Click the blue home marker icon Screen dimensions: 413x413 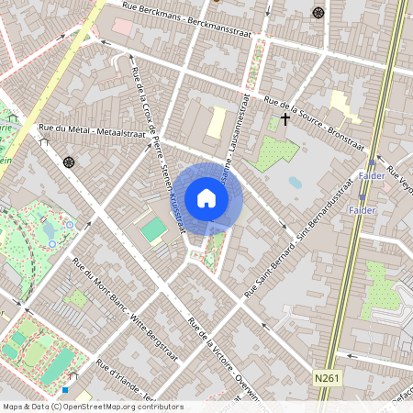coord(206,198)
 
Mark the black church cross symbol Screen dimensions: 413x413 coord(285,118)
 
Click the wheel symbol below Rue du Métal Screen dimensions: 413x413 coord(69,162)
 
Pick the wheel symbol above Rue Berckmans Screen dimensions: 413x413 coord(318,13)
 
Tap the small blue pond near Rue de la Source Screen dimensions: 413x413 coord(295,183)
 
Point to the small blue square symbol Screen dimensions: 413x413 coord(64,390)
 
